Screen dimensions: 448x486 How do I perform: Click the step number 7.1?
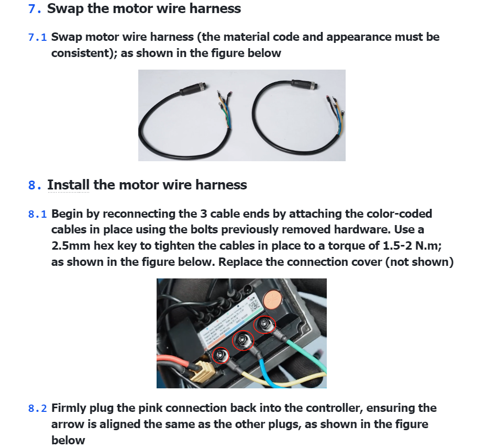(x=37, y=37)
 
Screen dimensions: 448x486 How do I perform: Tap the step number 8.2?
(x=37, y=408)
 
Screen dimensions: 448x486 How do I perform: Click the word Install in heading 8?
(x=68, y=185)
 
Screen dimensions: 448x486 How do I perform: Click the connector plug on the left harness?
(x=191, y=89)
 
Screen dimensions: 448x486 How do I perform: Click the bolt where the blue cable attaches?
(x=242, y=341)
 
